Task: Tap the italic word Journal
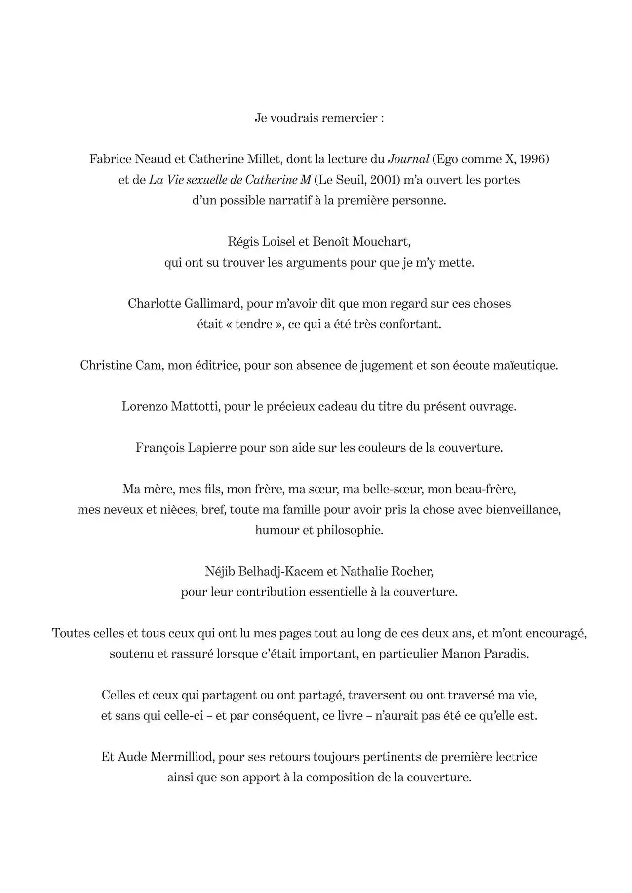point(408,159)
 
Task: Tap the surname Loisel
point(277,242)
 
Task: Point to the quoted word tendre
point(254,324)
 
